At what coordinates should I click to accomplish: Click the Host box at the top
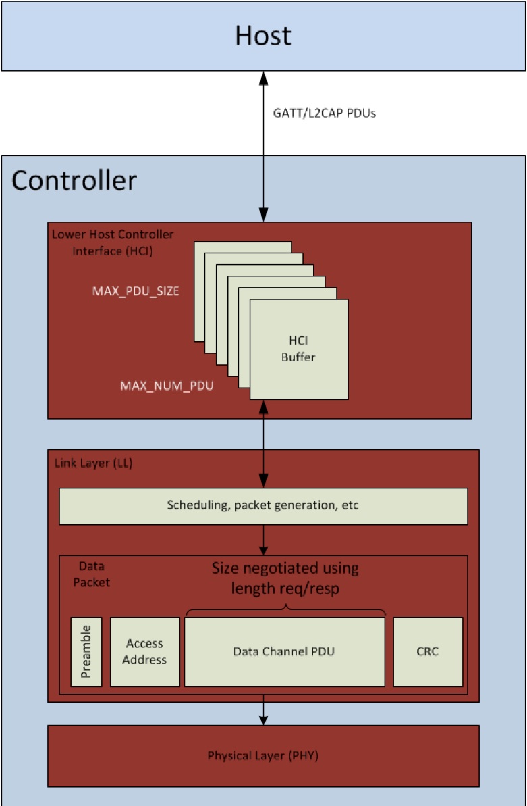[x=263, y=35]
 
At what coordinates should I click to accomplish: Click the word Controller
[x=74, y=180]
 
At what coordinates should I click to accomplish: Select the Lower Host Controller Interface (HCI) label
[x=113, y=241]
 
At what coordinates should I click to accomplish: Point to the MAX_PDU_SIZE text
[x=136, y=291]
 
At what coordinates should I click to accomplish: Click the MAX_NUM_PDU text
[x=167, y=386]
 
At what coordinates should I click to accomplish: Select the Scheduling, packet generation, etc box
[x=263, y=506]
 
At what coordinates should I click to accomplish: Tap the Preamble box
[x=86, y=651]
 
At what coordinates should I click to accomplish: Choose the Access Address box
[x=144, y=652]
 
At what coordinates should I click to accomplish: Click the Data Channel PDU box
[x=284, y=652]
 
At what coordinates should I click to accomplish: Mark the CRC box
[x=428, y=652]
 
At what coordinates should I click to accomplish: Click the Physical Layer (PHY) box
[x=263, y=755]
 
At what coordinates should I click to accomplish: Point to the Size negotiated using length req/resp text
[x=285, y=578]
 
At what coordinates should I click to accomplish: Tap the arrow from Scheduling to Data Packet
[x=264, y=540]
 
